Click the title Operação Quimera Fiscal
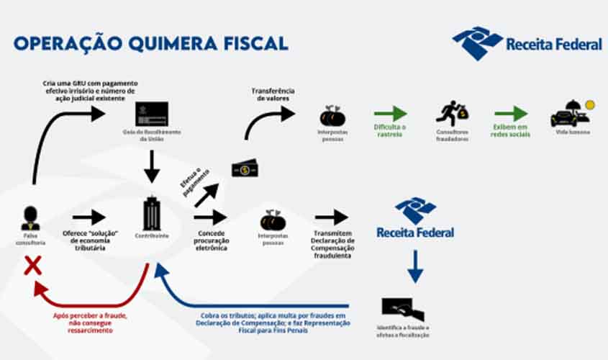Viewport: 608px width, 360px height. (150, 42)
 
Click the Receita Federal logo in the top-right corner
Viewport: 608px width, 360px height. (527, 43)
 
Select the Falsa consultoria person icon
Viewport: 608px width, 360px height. (30, 217)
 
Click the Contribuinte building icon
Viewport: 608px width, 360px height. (152, 213)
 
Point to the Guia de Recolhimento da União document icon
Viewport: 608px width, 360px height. (152, 114)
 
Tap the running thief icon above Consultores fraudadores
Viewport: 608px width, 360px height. (452, 114)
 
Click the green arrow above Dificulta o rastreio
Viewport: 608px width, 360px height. (390, 114)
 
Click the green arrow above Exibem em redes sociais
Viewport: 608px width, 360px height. (511, 114)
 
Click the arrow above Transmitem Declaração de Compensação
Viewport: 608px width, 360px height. (331, 217)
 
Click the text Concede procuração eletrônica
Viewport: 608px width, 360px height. (212, 240)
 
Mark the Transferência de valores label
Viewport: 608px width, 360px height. (273, 94)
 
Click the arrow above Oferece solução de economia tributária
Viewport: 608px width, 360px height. (89, 217)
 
